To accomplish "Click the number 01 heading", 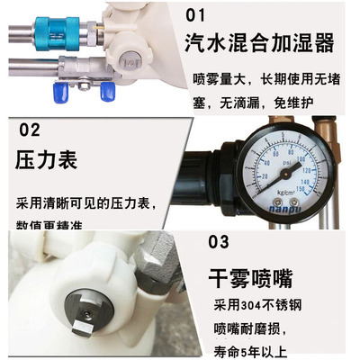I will pos(194,15).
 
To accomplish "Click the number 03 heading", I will pos(219,241).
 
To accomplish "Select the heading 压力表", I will pos(47,161).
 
